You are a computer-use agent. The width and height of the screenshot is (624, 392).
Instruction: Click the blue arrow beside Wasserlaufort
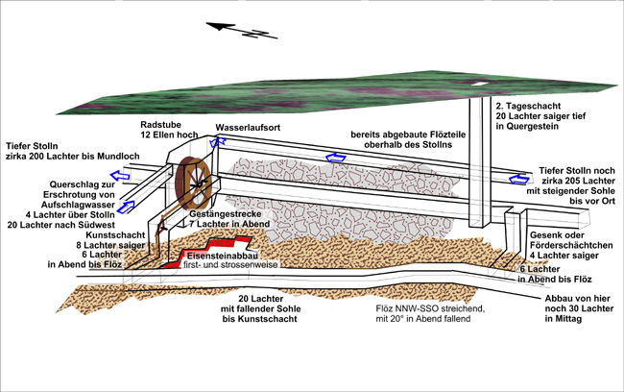(x=221, y=141)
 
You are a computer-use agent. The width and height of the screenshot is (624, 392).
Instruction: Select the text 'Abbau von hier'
(x=571, y=297)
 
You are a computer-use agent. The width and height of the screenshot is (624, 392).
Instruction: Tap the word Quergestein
(x=532, y=124)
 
